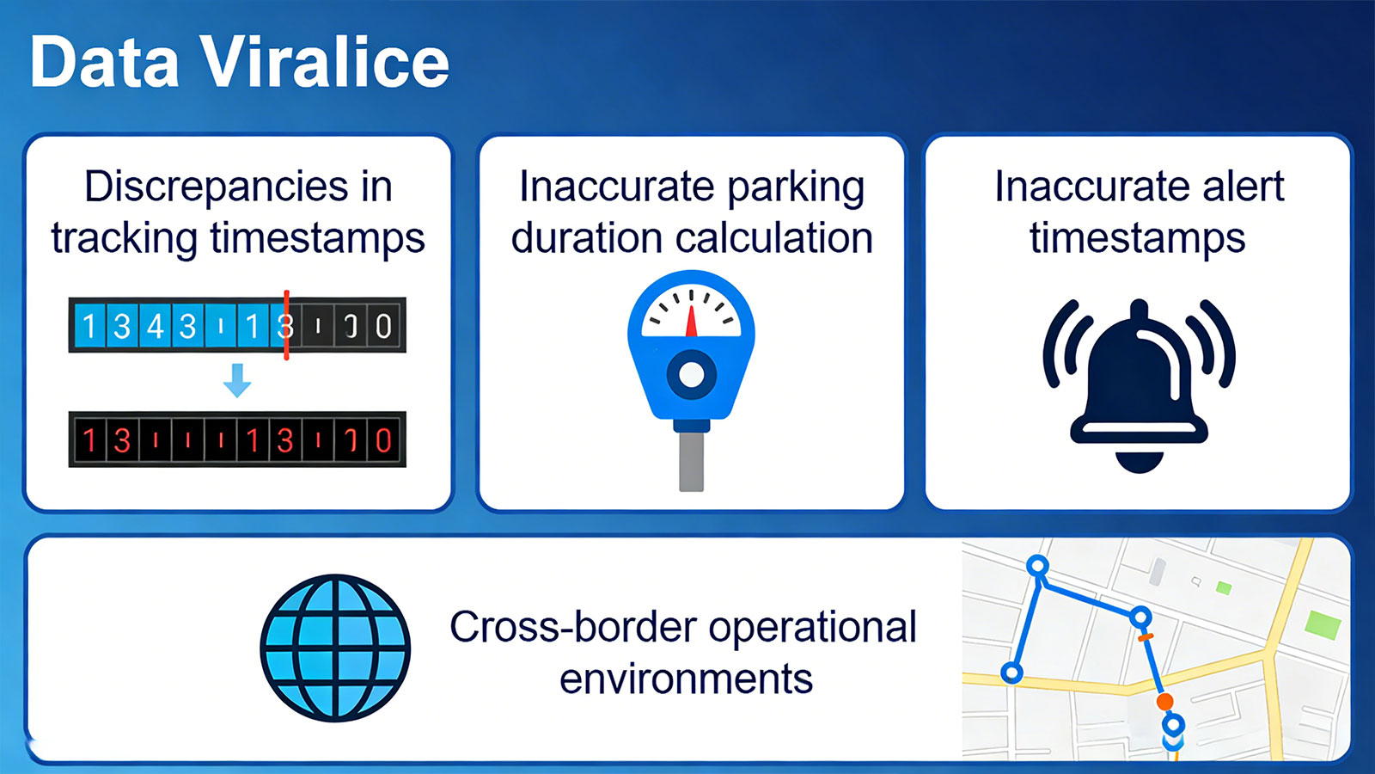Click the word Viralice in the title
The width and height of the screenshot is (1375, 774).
click(325, 62)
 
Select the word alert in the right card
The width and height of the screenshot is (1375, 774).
click(1243, 187)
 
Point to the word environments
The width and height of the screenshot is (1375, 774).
click(686, 679)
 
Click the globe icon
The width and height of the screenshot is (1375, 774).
click(335, 648)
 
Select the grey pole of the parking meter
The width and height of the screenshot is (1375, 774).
click(691, 461)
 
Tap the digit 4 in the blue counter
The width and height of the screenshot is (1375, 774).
click(156, 326)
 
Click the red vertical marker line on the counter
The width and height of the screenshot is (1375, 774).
click(286, 324)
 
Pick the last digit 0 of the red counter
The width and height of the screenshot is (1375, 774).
click(383, 440)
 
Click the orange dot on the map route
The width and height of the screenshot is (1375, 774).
click(1164, 702)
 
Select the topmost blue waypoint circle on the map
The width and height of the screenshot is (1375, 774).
click(1038, 566)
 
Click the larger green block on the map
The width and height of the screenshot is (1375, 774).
click(1323, 624)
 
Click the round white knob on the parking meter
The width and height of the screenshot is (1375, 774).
click(691, 374)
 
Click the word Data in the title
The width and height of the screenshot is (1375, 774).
click(105, 62)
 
